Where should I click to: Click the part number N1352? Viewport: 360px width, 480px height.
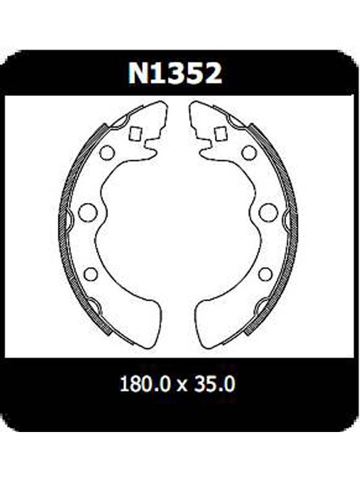(x=175, y=73)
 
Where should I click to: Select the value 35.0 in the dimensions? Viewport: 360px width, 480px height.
(x=215, y=384)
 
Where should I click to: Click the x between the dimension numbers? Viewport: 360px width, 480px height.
(x=182, y=386)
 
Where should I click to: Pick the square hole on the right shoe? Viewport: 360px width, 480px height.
(x=220, y=133)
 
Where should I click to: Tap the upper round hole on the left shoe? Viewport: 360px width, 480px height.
(x=107, y=152)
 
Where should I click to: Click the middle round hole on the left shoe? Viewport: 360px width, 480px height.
(x=88, y=212)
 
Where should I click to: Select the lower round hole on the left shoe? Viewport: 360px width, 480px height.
(x=91, y=274)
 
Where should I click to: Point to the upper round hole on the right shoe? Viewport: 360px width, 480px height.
(x=249, y=152)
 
